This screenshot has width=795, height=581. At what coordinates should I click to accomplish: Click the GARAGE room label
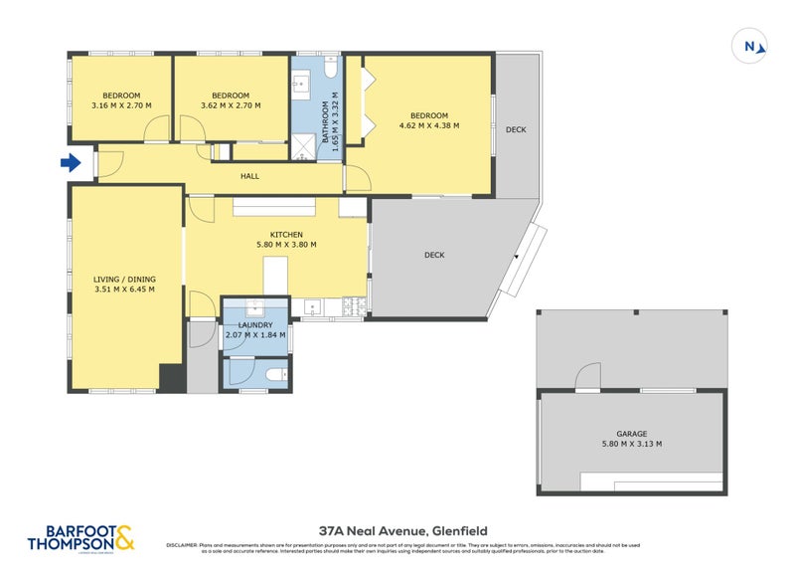[631, 434]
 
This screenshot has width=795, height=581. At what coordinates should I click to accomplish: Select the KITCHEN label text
[272, 235]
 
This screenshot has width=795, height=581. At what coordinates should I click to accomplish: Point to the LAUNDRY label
[254, 324]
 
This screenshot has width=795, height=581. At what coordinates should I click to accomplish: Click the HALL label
[249, 176]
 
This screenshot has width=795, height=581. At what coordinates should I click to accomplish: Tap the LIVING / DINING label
[125, 280]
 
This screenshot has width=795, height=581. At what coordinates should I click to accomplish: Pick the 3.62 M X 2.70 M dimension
[231, 105]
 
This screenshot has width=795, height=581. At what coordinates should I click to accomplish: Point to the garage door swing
[587, 376]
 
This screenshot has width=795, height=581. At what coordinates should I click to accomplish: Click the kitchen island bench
[274, 276]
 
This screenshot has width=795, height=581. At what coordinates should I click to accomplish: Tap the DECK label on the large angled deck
[434, 255]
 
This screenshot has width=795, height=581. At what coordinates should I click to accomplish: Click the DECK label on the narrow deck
[515, 130]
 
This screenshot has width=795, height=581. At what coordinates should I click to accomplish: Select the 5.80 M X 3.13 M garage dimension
[631, 445]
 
